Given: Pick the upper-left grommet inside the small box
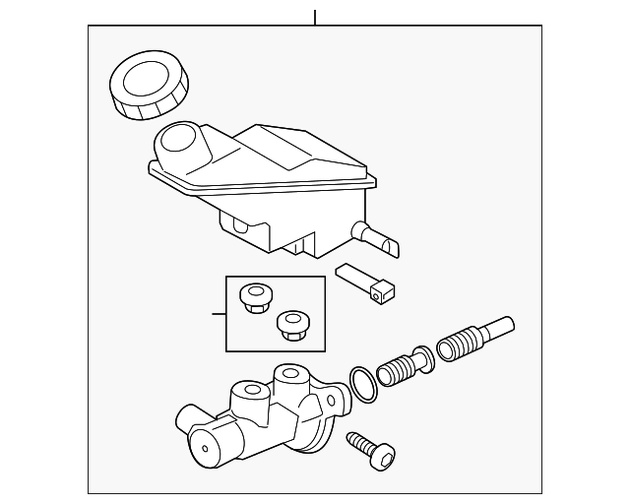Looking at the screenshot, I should point(256,296).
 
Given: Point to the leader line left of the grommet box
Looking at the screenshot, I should point(219,314).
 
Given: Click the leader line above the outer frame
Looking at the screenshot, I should point(314,17).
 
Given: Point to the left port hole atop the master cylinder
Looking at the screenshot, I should point(244,392).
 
